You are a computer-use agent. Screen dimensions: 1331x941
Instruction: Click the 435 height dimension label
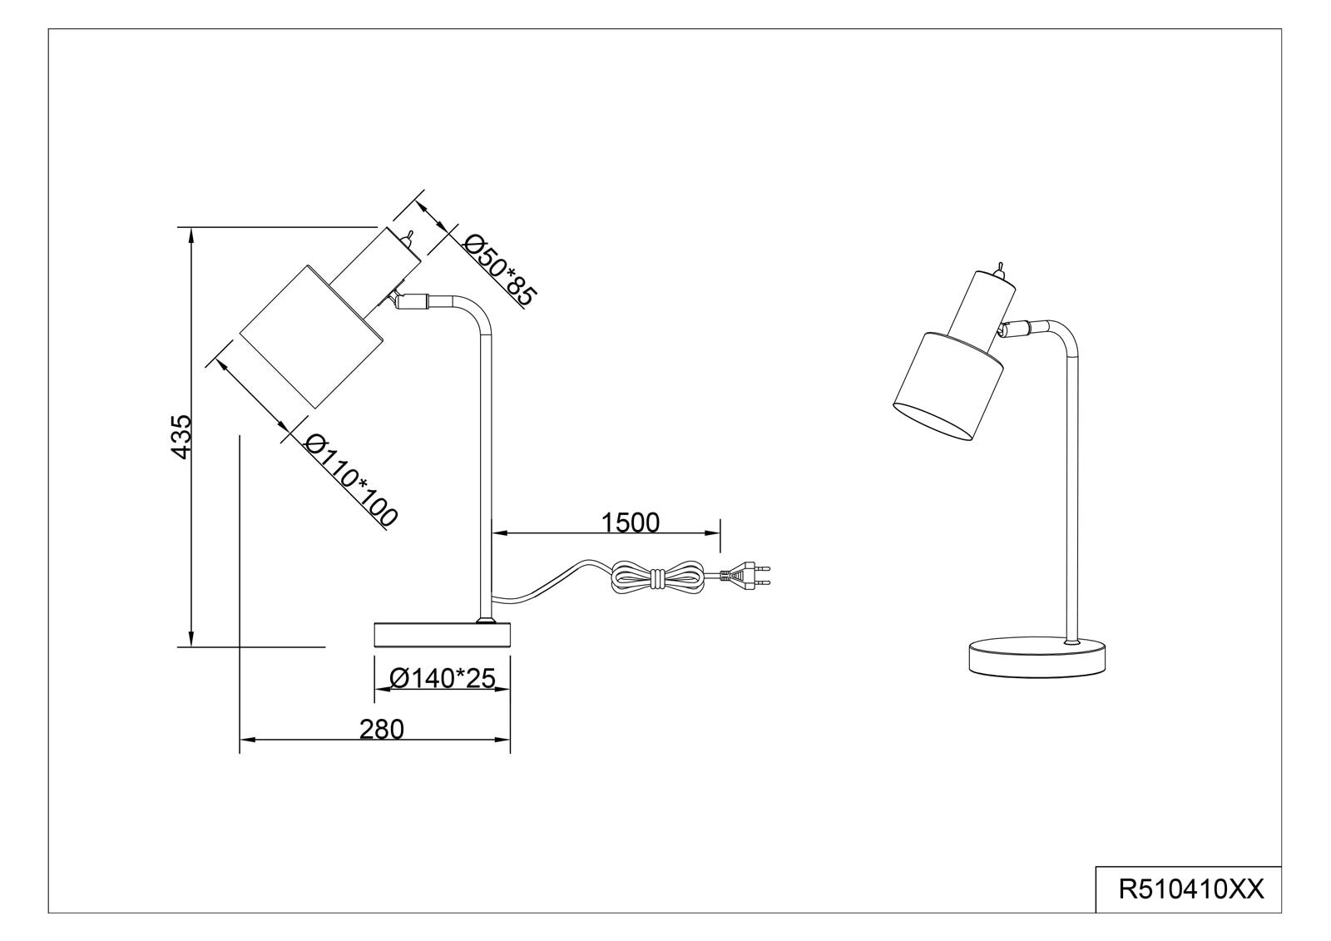pos(182,437)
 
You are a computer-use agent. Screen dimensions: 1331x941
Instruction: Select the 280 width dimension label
pos(382,730)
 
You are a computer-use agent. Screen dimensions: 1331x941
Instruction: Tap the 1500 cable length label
pos(631,523)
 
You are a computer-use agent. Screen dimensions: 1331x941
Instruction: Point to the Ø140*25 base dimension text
pos(442,678)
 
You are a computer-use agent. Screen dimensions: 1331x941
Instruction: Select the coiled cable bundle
pos(658,576)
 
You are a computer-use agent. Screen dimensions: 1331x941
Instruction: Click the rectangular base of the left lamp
pos(442,634)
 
